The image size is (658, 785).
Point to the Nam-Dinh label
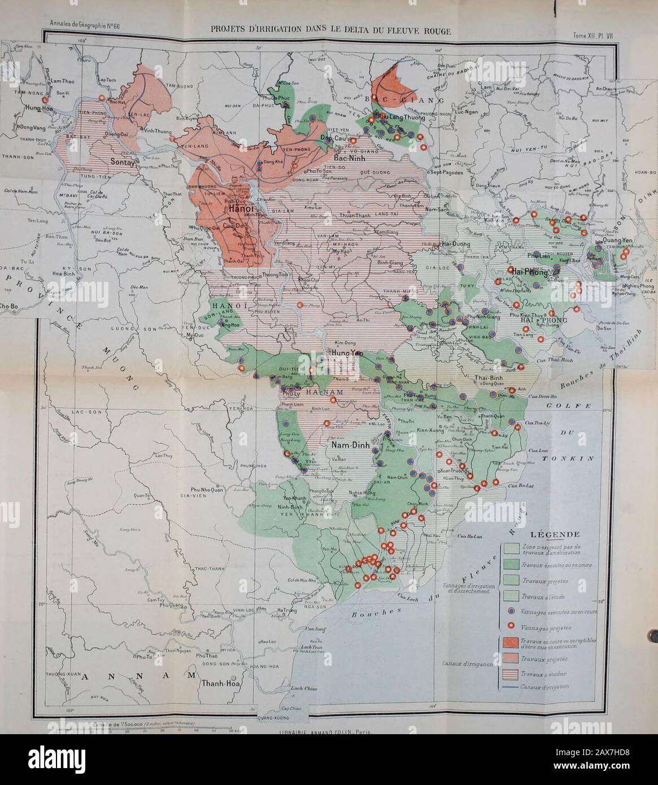(x=350, y=445)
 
